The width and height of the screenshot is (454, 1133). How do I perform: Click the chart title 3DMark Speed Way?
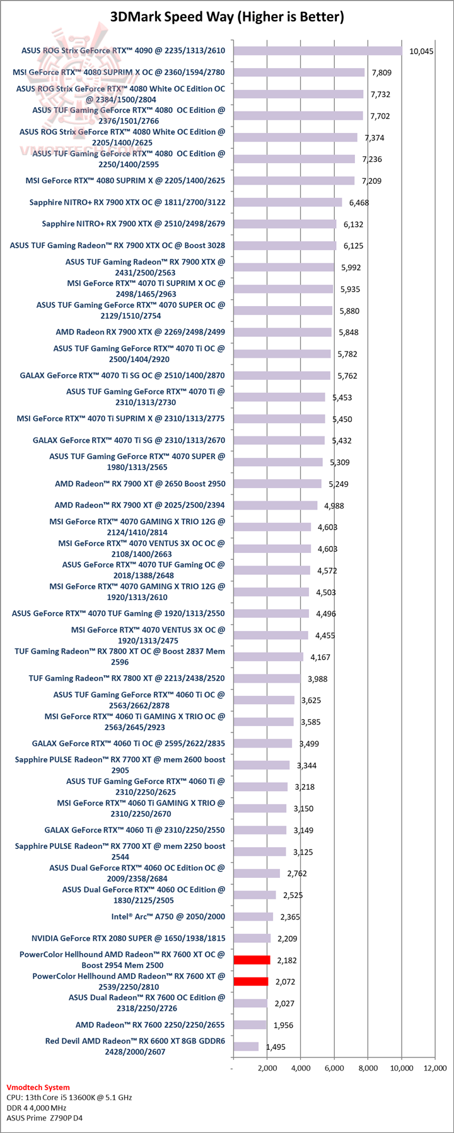(227, 17)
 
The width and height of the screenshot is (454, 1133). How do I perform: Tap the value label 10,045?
(421, 52)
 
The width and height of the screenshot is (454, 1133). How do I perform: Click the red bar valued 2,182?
(252, 960)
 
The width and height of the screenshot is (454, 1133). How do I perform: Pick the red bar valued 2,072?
(250, 981)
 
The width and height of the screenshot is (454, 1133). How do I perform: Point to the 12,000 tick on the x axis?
(435, 1068)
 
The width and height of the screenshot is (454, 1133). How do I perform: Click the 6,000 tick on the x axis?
(334, 1068)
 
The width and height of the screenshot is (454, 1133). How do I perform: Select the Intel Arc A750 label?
(168, 916)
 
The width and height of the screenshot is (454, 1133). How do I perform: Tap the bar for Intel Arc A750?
(253, 916)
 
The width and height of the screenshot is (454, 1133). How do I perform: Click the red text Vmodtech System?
(38, 1087)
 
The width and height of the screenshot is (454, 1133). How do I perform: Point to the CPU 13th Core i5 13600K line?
(69, 1097)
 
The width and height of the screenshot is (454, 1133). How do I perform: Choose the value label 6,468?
(359, 203)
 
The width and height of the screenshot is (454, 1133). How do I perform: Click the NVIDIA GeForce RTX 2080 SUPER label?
(128, 938)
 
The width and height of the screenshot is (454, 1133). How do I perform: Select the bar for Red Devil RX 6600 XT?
(245, 1046)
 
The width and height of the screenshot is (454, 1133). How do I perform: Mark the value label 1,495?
(276, 1047)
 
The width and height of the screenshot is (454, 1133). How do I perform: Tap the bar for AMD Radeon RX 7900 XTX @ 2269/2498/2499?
(282, 332)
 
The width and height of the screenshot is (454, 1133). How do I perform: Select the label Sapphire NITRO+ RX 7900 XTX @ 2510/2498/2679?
(133, 224)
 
